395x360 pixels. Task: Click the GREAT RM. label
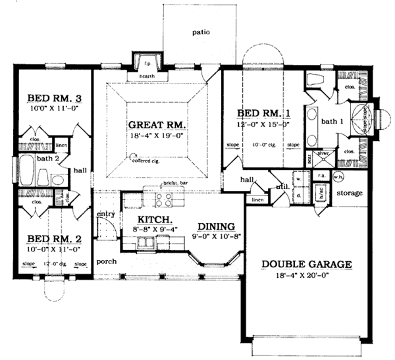pos(157,124)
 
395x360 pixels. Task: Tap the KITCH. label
pos(155,219)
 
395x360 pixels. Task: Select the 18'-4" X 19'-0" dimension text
pos(157,136)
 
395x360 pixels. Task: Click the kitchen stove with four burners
pos(163,199)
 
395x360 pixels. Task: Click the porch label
pos(105,261)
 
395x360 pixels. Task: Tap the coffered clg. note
pos(146,159)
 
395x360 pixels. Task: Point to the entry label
pos(105,214)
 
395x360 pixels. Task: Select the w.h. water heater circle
pos(339,176)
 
